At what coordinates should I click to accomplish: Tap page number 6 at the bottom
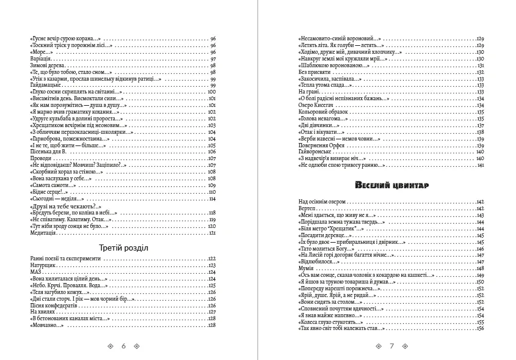[x=123, y=346]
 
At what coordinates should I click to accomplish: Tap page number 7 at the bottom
[x=391, y=346]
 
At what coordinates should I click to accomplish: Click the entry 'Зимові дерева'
[x=46, y=65]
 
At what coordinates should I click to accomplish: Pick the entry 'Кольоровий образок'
[x=323, y=112]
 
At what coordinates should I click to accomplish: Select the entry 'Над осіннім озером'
[x=322, y=201]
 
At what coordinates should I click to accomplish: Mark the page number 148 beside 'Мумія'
[x=480, y=268]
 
